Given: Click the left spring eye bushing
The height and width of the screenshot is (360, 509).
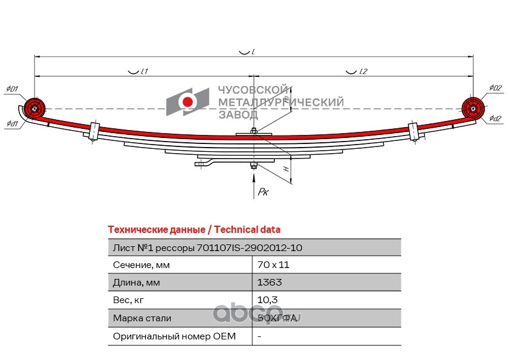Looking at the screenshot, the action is [x=34, y=109].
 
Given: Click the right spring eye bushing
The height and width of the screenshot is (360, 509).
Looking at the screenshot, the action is [x=473, y=109].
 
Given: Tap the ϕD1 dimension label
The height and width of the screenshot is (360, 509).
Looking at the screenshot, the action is [x=12, y=90].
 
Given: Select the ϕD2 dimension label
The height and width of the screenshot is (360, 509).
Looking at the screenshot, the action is [x=496, y=88].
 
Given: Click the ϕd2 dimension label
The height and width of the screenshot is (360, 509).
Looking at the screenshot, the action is [x=495, y=119].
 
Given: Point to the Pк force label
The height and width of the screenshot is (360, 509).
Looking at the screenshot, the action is [x=263, y=192].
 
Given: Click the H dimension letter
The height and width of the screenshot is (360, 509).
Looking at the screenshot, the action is [x=285, y=171].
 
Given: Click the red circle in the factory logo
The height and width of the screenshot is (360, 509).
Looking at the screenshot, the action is [x=187, y=102].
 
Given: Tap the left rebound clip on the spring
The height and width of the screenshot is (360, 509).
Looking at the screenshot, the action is [x=94, y=131].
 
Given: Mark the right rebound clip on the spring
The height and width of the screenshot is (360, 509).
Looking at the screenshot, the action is [x=414, y=131].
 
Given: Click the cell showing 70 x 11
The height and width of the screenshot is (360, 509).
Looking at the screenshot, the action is [x=270, y=265].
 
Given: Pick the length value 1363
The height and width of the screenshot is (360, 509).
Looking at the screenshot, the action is [x=269, y=283].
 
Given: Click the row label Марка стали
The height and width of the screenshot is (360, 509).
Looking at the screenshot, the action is [x=142, y=318].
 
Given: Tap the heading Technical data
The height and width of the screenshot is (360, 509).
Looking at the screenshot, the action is [x=248, y=230].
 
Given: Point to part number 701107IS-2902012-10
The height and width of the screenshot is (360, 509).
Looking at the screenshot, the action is [x=250, y=247].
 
